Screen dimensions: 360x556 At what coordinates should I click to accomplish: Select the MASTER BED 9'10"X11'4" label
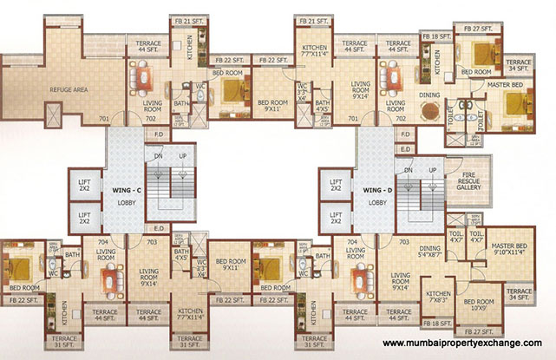tap(509, 251)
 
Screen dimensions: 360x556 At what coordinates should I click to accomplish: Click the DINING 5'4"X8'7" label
tap(430, 252)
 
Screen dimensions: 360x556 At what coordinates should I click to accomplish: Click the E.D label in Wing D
tap(405, 148)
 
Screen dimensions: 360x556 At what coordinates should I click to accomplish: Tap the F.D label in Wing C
tap(159, 134)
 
